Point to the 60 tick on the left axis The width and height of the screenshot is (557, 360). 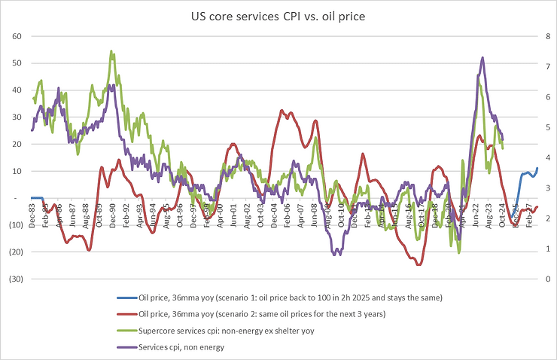15,36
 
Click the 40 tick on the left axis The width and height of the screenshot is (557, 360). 15,90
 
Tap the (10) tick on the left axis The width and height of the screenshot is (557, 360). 14,225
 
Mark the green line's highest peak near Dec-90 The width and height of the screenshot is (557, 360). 111,51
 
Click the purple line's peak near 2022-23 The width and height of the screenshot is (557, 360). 482,57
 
